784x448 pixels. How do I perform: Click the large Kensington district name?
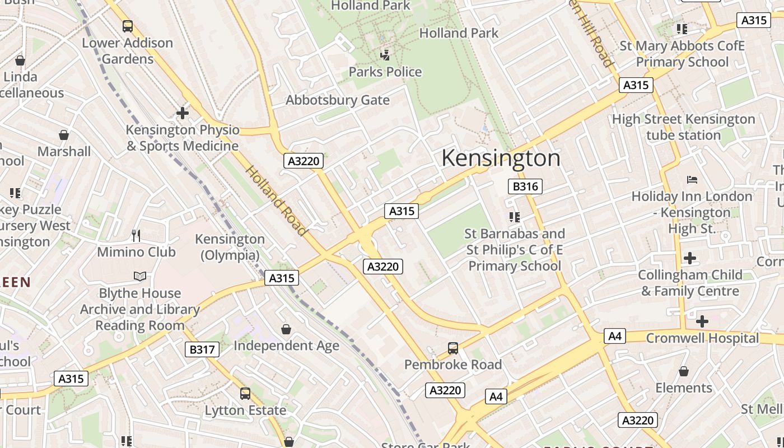click(501, 158)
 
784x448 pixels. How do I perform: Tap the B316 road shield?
click(525, 186)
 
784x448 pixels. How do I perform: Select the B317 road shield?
click(202, 350)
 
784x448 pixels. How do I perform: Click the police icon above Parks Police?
click(385, 55)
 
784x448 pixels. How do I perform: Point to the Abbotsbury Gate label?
click(337, 100)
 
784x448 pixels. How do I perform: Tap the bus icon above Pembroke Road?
click(453, 348)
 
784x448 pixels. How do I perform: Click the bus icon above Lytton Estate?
click(245, 394)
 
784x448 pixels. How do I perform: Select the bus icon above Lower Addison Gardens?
click(128, 26)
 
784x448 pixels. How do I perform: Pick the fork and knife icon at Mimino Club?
click(136, 235)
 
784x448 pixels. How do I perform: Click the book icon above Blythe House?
click(140, 276)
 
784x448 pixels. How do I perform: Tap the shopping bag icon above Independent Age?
click(286, 329)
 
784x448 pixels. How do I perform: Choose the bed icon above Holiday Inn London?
click(692, 180)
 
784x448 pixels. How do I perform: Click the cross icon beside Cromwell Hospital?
click(702, 321)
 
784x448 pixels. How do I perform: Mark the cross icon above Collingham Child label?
click(690, 258)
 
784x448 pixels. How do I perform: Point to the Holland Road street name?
click(277, 201)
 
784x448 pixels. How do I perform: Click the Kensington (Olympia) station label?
click(230, 247)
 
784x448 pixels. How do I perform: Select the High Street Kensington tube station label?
click(683, 127)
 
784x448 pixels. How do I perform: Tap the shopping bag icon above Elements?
click(683, 371)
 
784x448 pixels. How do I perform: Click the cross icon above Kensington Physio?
click(183, 113)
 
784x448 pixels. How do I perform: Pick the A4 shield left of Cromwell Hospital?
click(614, 336)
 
